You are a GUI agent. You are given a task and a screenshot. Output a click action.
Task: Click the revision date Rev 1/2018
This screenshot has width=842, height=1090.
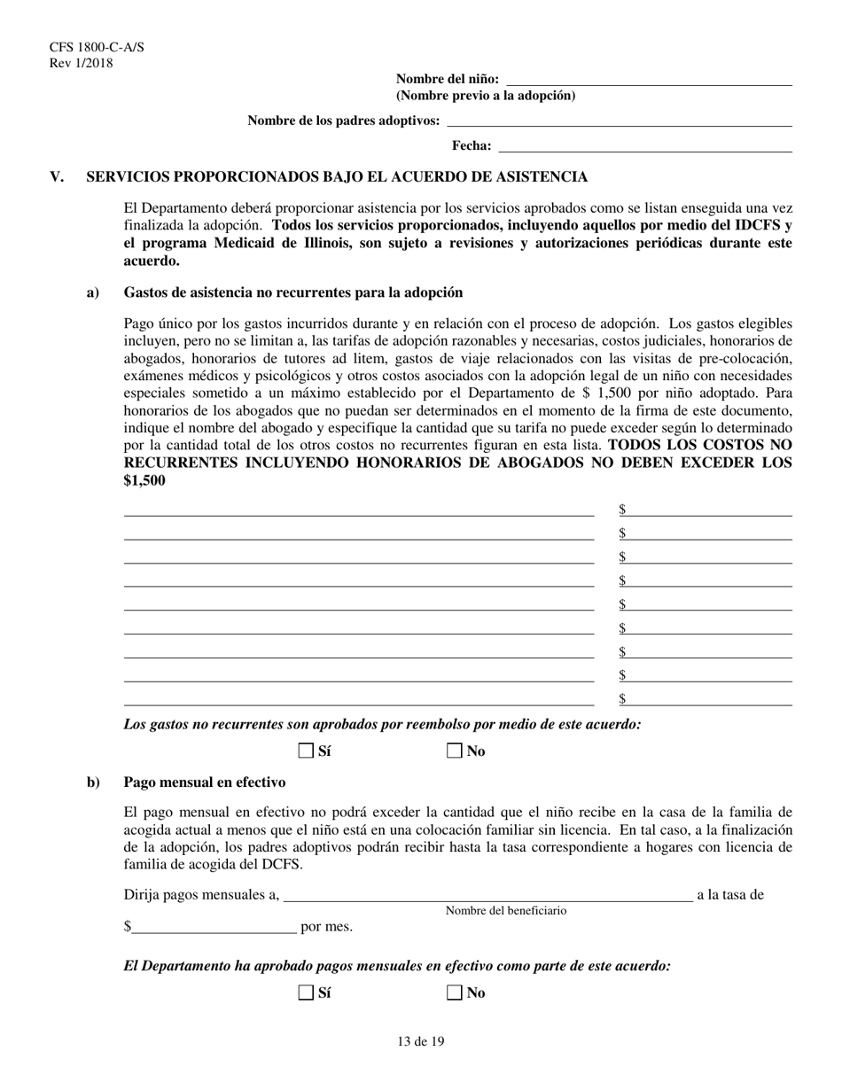pyautogui.click(x=82, y=62)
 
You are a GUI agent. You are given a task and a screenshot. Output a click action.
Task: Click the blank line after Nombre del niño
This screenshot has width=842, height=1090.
pyautogui.click(x=649, y=81)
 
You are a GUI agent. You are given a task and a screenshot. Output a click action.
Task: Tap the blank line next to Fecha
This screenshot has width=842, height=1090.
pyautogui.click(x=644, y=147)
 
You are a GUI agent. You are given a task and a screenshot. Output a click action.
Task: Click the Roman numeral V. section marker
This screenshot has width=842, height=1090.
pyautogui.click(x=58, y=177)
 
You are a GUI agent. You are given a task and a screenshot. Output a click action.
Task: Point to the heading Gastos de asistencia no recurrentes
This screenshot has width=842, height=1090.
pyautogui.click(x=292, y=292)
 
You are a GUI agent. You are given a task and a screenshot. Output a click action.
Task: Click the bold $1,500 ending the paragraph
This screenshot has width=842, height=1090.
pyautogui.click(x=144, y=480)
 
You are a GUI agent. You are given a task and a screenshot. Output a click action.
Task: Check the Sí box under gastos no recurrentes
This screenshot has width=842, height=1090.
pyautogui.click(x=307, y=751)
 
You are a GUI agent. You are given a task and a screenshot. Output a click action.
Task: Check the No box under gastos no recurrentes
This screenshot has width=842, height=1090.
pyautogui.click(x=455, y=751)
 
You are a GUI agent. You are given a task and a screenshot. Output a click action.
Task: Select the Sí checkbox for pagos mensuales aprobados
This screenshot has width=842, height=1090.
pyautogui.click(x=307, y=993)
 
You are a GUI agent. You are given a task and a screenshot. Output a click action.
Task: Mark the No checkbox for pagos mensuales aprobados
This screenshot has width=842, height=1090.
pyautogui.click(x=455, y=993)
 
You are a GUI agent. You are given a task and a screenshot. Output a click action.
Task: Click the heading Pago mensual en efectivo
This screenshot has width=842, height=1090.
pyautogui.click(x=204, y=782)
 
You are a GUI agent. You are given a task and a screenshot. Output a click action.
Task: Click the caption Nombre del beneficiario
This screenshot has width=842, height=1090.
pyautogui.click(x=505, y=911)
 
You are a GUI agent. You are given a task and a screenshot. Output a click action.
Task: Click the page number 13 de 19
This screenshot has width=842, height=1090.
pyautogui.click(x=421, y=1042)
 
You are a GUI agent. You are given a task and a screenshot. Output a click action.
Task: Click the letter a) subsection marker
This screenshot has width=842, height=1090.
pyautogui.click(x=92, y=292)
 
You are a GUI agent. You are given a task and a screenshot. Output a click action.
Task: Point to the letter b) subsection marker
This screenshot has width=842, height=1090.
pyautogui.click(x=92, y=782)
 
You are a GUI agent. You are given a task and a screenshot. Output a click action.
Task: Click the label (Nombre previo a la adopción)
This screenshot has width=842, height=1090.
pyautogui.click(x=485, y=96)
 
